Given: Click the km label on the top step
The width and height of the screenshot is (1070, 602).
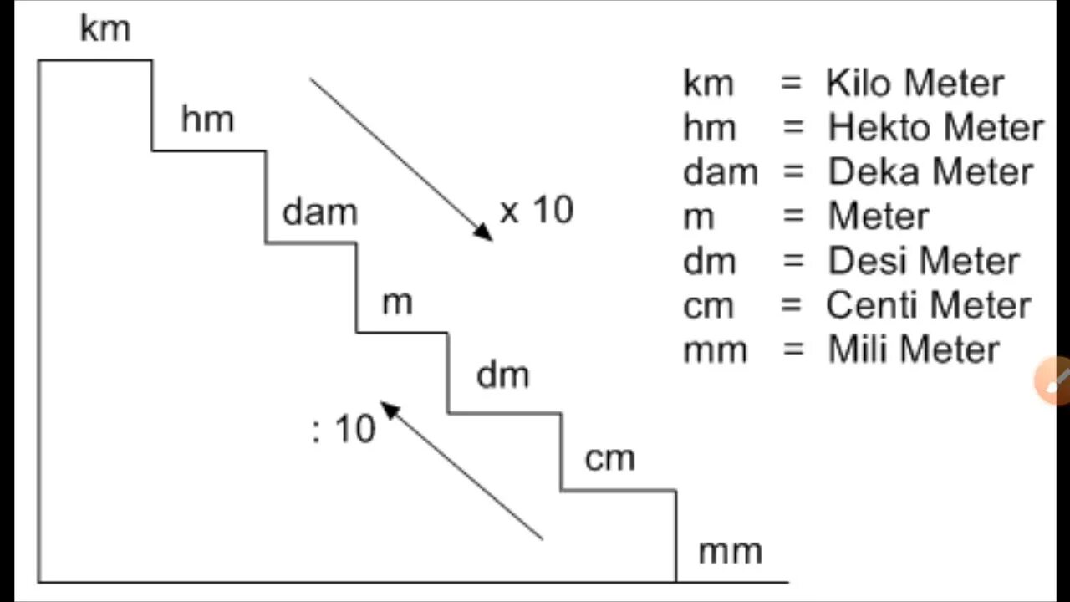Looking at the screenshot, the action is (105, 29).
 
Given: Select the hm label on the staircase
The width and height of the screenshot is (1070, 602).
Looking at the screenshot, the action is (207, 120).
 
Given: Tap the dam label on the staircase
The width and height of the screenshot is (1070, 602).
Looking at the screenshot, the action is (319, 212).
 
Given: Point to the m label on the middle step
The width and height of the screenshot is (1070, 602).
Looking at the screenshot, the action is (397, 302).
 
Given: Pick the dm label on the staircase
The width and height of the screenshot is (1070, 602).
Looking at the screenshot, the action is (502, 375).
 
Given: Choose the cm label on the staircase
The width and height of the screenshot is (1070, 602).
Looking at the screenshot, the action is (610, 458).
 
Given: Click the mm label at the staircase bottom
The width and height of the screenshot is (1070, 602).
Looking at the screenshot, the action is (730, 551).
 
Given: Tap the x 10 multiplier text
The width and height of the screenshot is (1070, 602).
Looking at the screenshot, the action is (537, 210).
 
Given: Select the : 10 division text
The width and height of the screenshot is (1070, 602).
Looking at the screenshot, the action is (344, 429).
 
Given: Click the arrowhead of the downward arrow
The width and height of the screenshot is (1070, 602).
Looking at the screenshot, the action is (482, 232).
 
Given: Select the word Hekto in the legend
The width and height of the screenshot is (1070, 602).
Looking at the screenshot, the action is (875, 127).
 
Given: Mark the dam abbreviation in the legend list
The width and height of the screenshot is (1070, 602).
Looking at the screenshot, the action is (720, 171).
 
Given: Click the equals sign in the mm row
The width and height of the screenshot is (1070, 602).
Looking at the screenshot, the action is (792, 349).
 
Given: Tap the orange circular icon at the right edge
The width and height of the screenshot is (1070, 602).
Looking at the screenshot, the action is (1053, 382).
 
